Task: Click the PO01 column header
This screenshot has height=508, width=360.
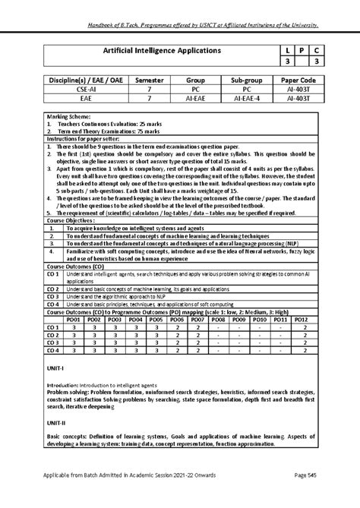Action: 74,320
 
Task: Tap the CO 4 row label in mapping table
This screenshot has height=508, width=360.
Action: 53,350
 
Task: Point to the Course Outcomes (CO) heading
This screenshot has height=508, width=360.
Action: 75,267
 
